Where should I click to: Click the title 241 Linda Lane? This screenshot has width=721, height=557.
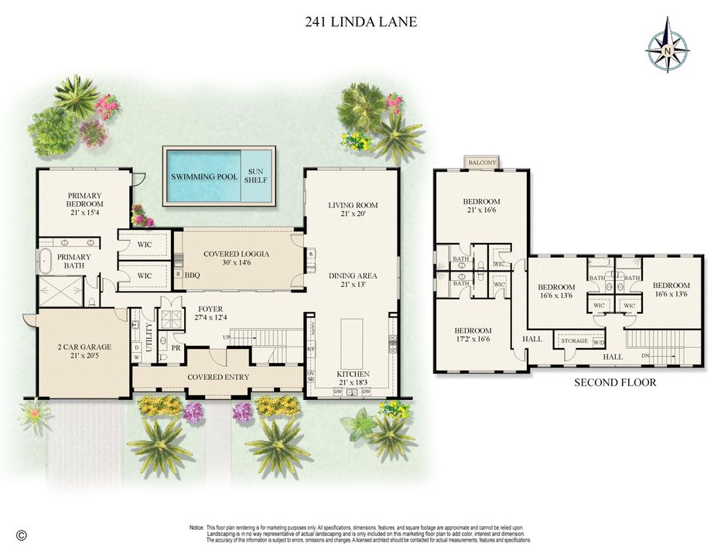point(360,22)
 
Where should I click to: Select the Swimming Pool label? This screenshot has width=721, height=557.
point(204,177)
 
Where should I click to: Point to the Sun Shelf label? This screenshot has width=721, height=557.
point(255,176)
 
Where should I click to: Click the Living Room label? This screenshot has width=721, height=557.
point(352,206)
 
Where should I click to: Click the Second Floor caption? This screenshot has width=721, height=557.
point(615,382)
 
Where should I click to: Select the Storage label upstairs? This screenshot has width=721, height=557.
point(575,340)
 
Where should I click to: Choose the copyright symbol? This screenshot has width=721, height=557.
point(22,535)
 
